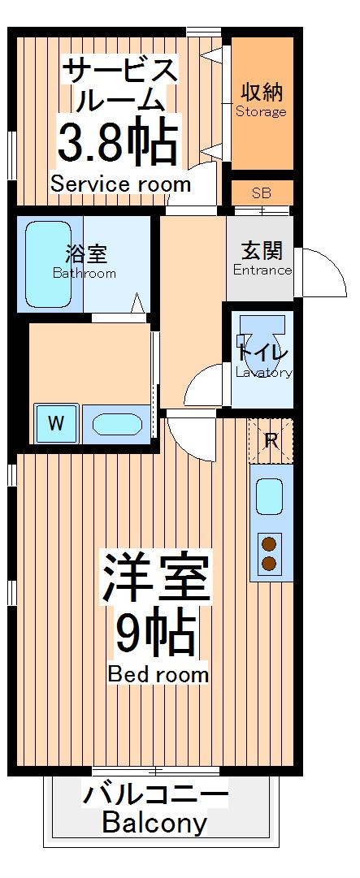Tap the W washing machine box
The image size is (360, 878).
tap(55, 423)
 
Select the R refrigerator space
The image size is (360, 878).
tap(271, 441)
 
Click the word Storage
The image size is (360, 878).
tap(261, 112)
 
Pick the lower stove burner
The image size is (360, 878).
tap(270, 563)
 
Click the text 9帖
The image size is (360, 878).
tap(155, 634)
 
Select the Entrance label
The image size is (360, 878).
tap(262, 270)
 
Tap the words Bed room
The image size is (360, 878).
tap(158, 675)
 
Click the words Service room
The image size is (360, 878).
tap(120, 184)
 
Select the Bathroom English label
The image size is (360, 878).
tap(85, 274)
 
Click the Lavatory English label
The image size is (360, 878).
tap(263, 373)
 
